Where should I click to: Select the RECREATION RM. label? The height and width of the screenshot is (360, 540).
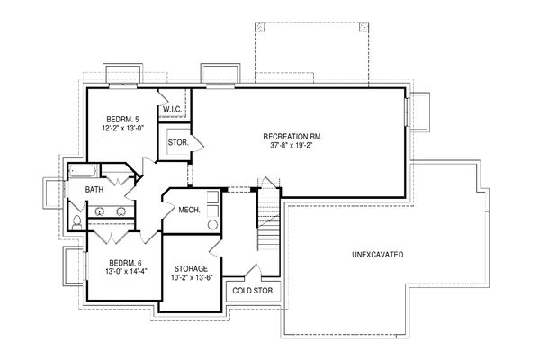(293, 136)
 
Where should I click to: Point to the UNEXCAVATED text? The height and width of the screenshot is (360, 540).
(377, 255)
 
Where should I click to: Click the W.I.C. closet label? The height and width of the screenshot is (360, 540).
(173, 111)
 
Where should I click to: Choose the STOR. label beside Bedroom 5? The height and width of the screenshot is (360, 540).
(177, 142)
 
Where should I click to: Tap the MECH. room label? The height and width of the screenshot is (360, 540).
(189, 210)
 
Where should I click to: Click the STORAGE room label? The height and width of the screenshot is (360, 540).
(191, 268)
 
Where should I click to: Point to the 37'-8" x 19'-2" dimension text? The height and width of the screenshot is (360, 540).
(293, 146)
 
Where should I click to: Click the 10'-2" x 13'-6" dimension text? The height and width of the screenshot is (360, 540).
(191, 278)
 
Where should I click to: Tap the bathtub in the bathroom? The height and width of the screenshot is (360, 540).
(80, 170)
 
